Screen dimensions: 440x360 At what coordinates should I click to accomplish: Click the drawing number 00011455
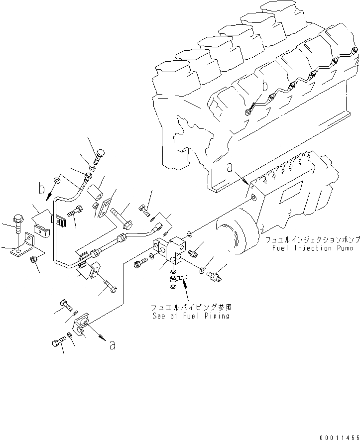[x=336, y=435]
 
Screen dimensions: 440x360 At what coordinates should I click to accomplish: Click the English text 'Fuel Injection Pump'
[x=313, y=248]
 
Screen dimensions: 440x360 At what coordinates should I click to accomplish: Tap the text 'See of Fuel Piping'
[x=191, y=316]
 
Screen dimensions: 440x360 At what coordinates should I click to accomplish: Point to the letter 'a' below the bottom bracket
[x=113, y=345]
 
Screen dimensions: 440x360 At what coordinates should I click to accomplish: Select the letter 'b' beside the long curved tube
[x=41, y=190]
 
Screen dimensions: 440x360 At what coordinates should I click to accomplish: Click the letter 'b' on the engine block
[x=265, y=85]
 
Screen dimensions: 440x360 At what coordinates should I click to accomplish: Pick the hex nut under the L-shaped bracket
[x=33, y=259]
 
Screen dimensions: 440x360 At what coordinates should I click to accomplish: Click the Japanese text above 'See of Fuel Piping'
[x=191, y=307]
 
